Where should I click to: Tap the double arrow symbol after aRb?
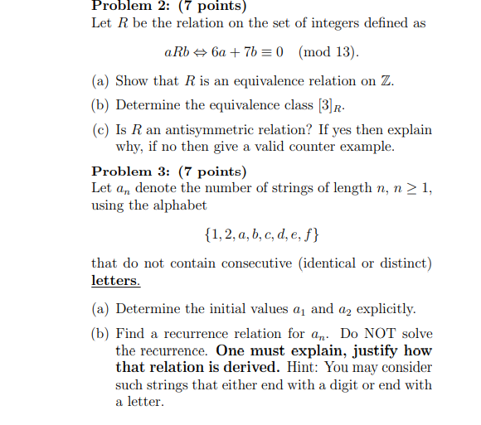(200, 53)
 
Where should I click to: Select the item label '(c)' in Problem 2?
(101, 130)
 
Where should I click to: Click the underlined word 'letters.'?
(115, 280)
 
